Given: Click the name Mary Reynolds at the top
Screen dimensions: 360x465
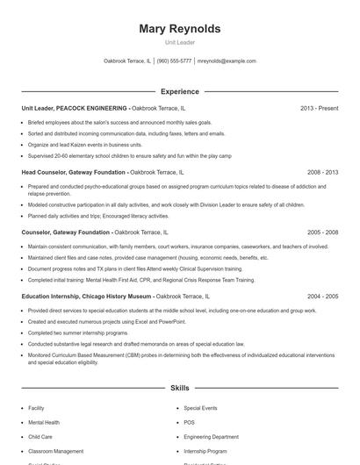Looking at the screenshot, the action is pos(179,29).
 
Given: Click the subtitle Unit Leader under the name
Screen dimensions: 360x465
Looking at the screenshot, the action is pos(179,42).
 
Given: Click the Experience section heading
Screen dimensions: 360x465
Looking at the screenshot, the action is pos(179,91).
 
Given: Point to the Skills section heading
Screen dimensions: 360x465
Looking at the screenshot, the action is pos(179,387).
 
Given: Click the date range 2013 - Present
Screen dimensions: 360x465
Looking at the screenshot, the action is pos(319,108).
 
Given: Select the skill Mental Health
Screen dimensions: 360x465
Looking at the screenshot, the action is pos(45,422).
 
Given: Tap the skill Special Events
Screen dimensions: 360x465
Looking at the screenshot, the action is pos(200,408).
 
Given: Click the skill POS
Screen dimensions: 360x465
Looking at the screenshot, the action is pos(189,422).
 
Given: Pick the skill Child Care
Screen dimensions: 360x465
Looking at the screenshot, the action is pos(40,436).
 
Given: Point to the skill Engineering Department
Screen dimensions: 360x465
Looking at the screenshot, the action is pos(211,436).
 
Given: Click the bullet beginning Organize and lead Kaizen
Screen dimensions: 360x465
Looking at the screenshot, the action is pos(84,145).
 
